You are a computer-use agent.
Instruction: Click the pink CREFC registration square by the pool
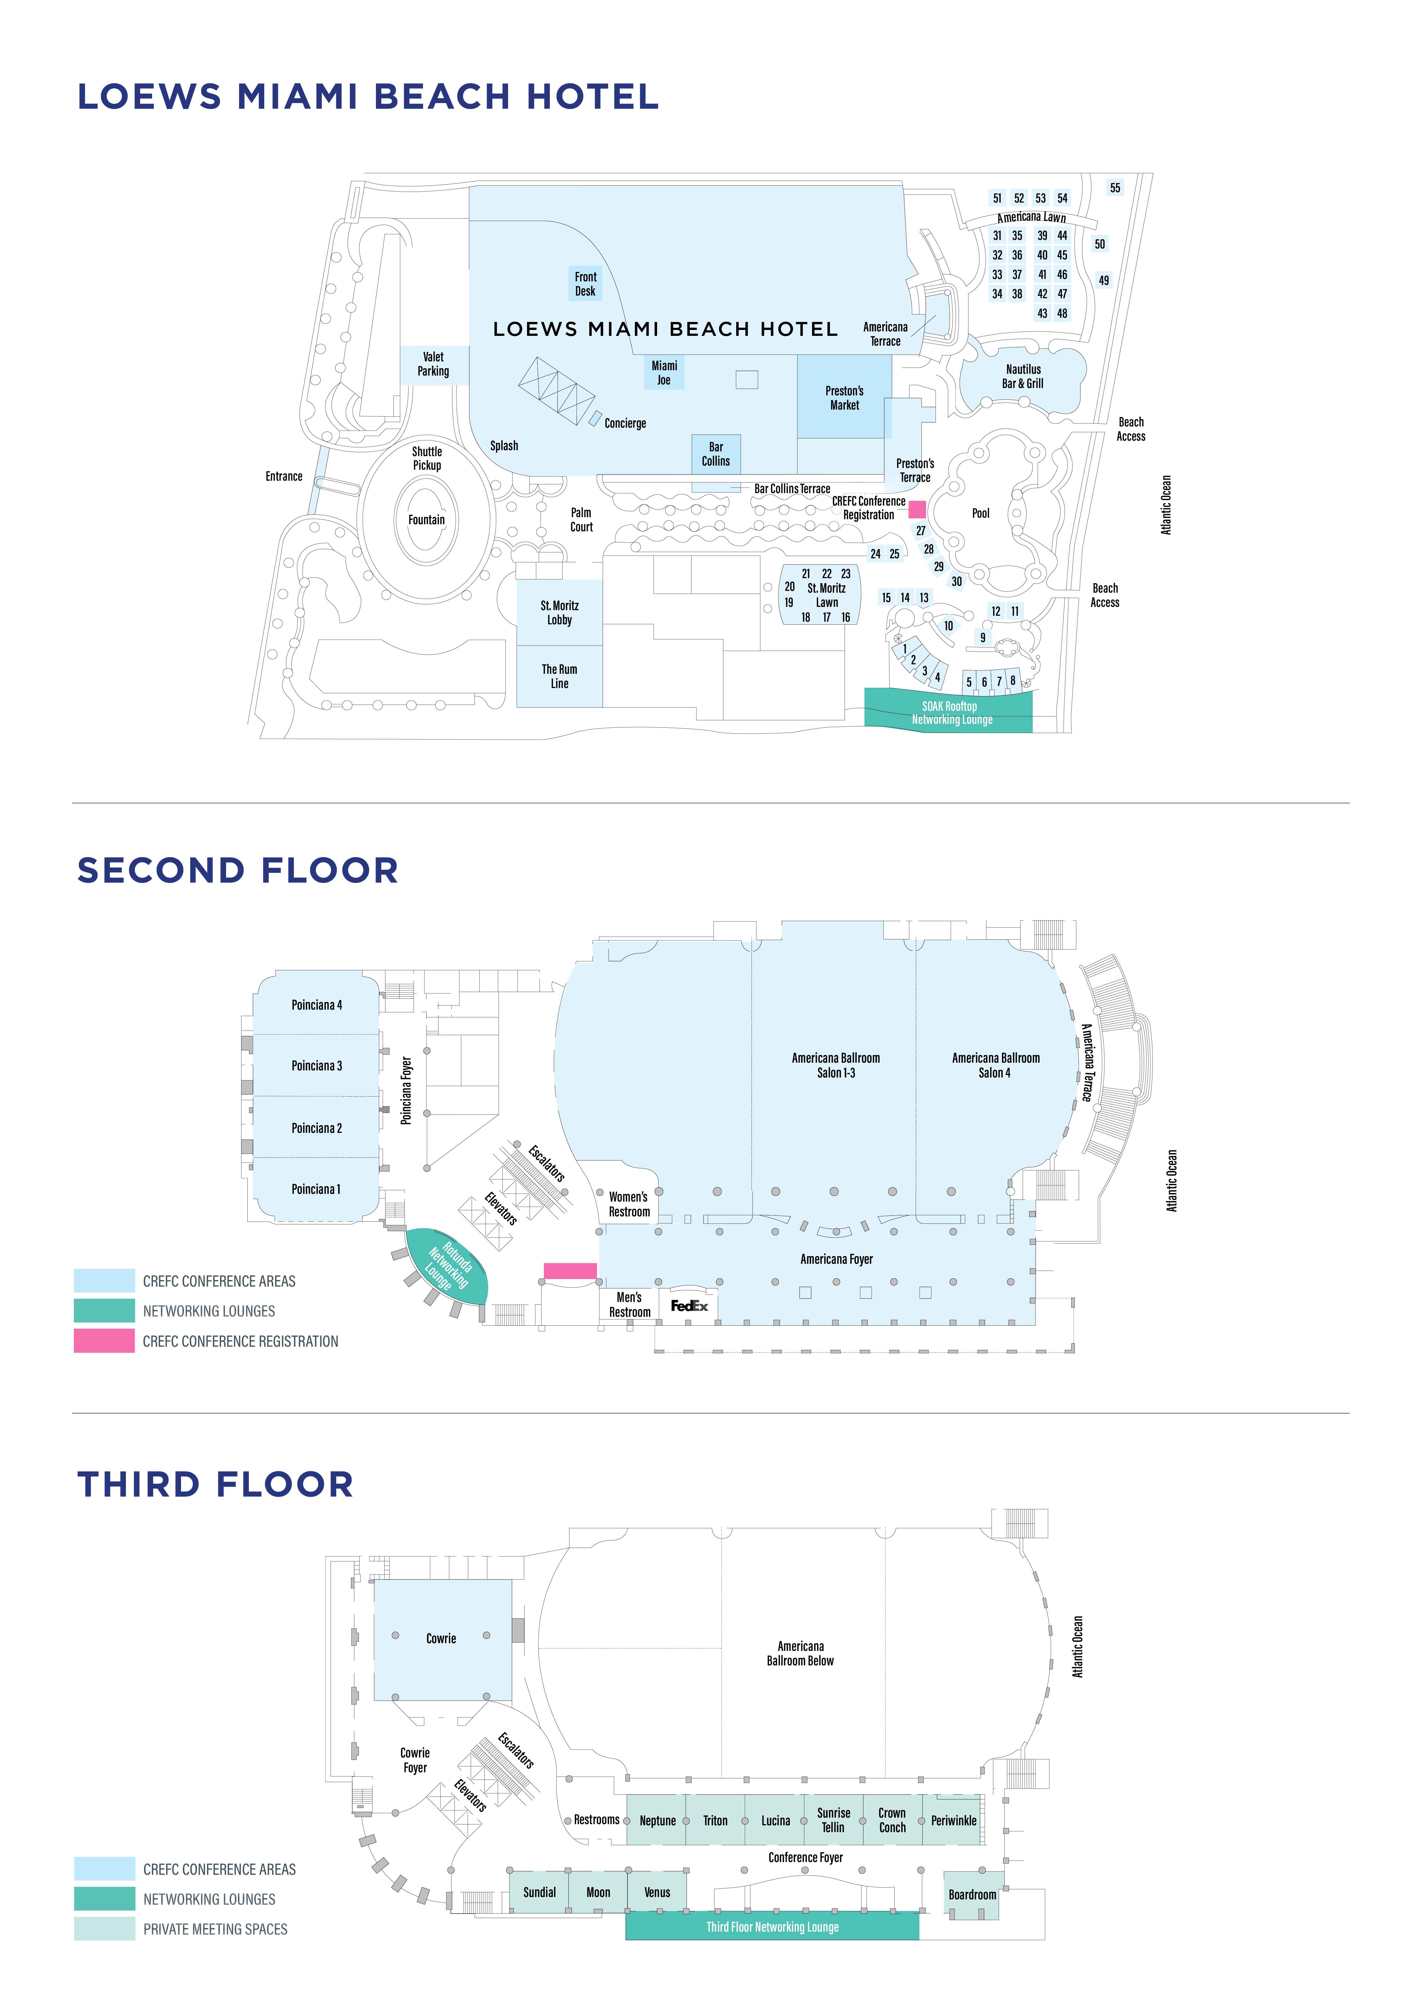click(917, 509)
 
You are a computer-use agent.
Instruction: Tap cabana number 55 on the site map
click(1115, 188)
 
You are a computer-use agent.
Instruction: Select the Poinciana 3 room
click(317, 1066)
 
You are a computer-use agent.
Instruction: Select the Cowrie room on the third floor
click(442, 1638)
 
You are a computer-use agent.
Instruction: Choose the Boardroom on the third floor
click(972, 1895)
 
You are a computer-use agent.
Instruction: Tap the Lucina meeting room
click(776, 1821)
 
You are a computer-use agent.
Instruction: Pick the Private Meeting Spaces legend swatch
click(104, 1929)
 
